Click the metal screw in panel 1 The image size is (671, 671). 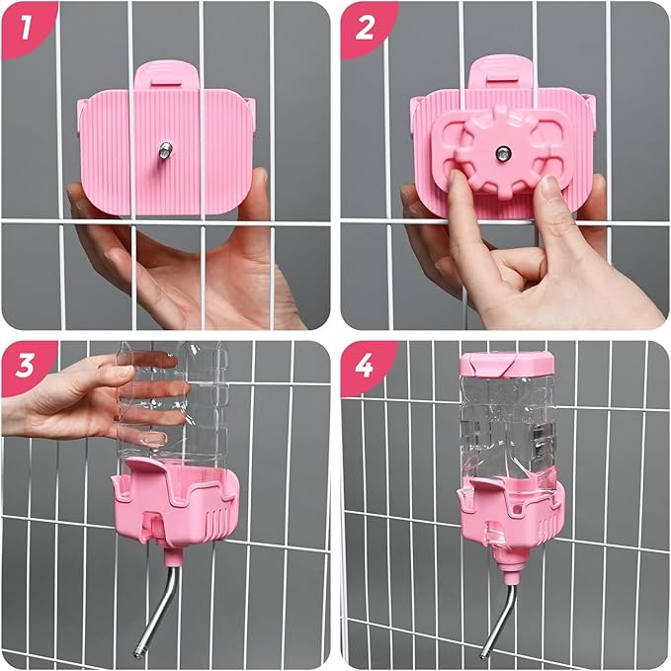click(161, 150)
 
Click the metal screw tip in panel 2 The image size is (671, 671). click(503, 152)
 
